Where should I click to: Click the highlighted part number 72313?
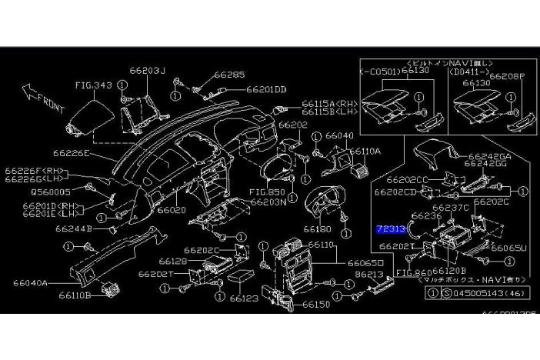tap(390, 229)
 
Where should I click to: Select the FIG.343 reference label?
tap(94, 86)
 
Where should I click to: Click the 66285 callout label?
tap(229, 75)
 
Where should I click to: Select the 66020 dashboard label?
tap(172, 208)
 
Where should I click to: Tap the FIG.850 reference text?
tap(266, 192)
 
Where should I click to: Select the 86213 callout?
tap(368, 273)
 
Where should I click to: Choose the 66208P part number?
tap(508, 78)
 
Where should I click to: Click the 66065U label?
tap(508, 249)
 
